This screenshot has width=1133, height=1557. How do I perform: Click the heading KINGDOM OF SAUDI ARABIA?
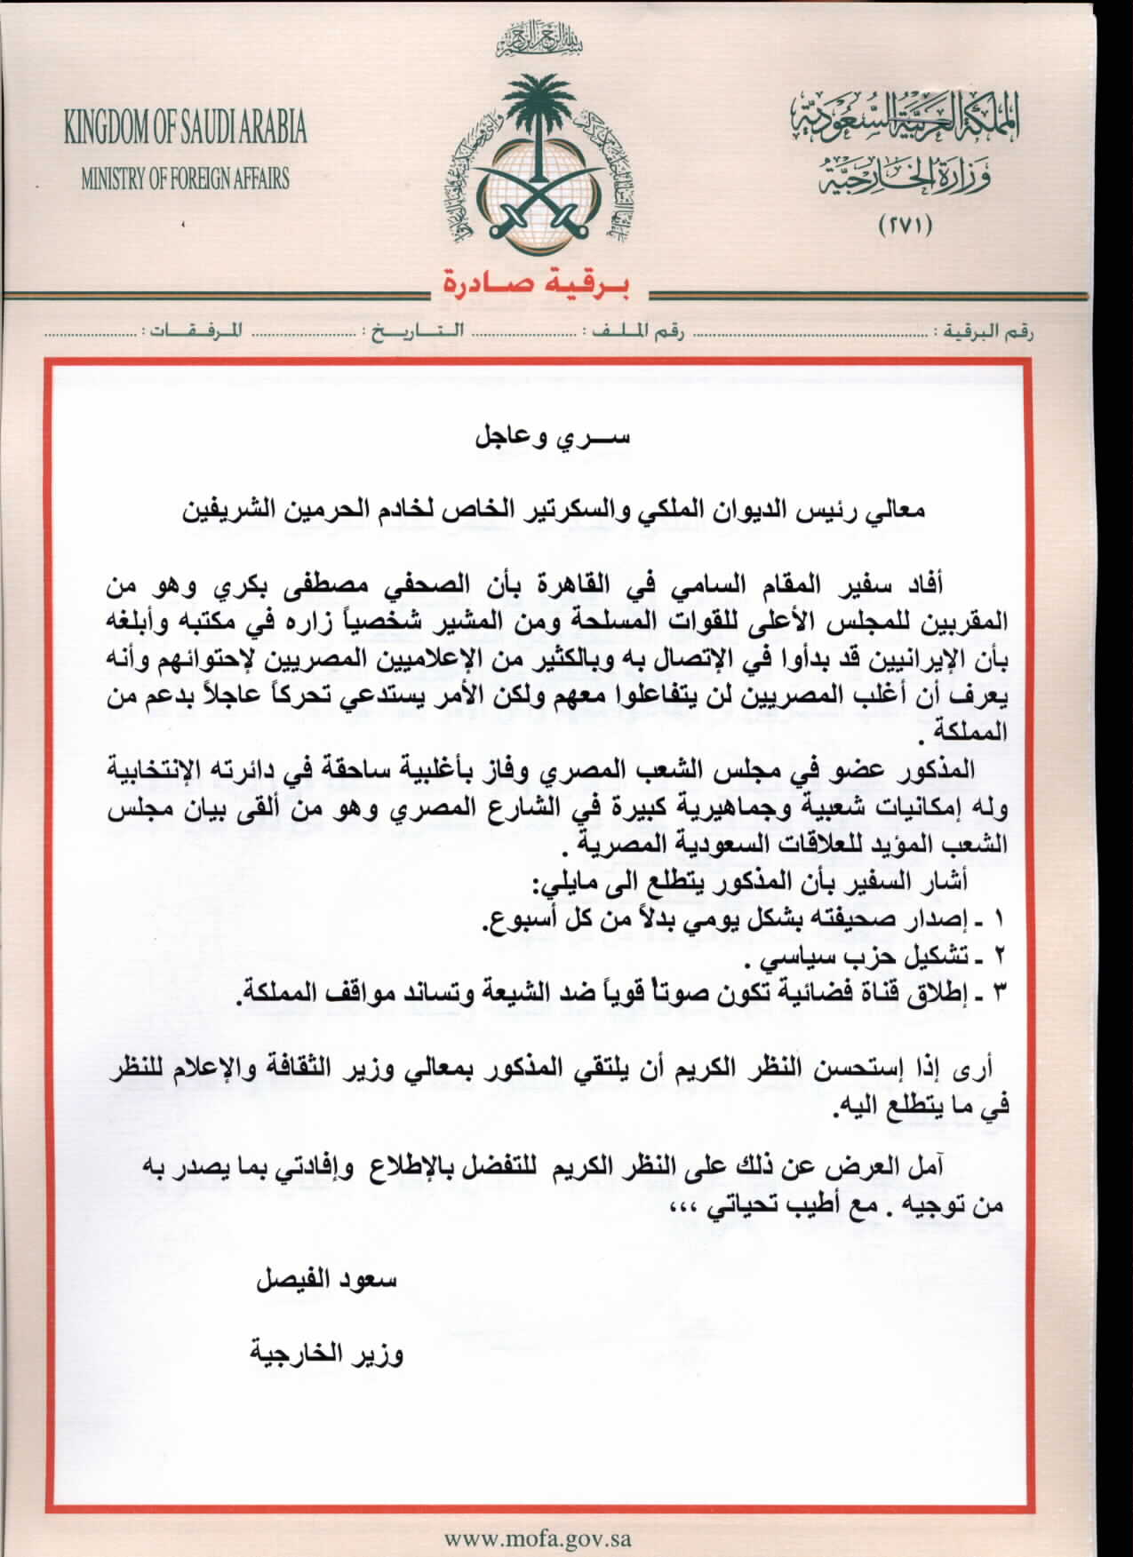point(185,128)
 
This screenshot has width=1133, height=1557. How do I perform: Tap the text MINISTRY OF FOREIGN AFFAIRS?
point(185,179)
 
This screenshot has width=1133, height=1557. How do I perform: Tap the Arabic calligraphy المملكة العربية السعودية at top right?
point(905,119)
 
